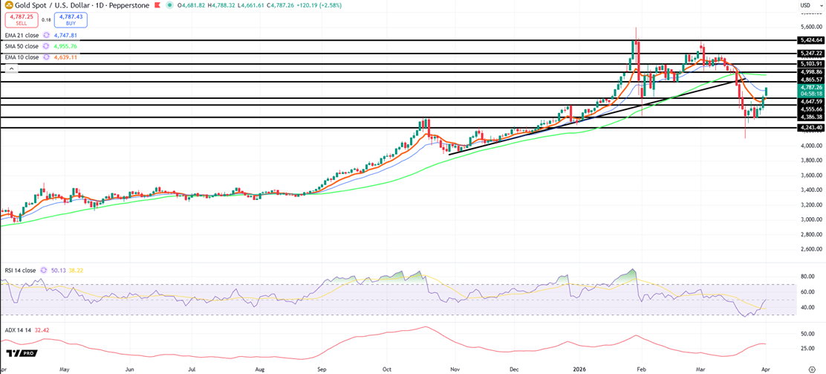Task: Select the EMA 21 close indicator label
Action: coord(22,35)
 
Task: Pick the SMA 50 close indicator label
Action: coord(22,46)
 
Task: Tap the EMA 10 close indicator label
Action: coord(22,57)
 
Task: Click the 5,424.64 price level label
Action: coord(810,40)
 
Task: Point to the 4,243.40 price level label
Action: coord(810,128)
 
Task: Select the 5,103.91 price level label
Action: coord(810,64)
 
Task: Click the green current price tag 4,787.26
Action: coord(810,87)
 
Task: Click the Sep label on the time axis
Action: coord(322,369)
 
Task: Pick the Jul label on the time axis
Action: coord(192,369)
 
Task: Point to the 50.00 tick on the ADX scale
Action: coord(808,333)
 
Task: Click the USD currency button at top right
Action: coord(805,5)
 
